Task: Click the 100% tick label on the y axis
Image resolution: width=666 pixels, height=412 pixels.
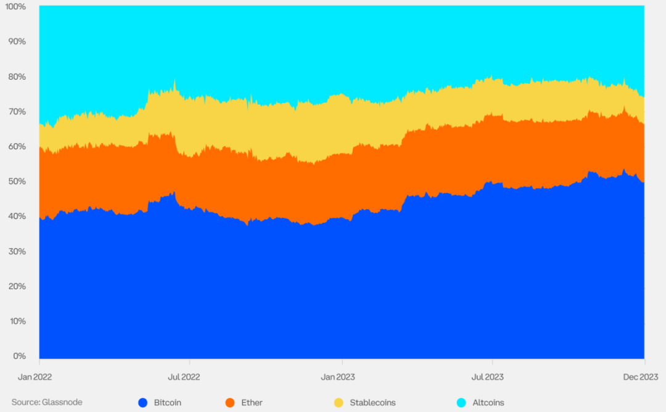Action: coord(15,7)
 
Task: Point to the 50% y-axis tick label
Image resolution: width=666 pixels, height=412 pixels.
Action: coord(17,181)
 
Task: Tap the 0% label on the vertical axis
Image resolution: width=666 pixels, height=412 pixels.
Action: coord(20,356)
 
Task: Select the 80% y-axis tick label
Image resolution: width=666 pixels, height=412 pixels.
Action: coord(17,77)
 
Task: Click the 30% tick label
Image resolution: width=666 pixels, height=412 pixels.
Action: coord(17,252)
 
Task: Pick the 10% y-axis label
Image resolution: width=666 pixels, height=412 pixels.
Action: coord(18,321)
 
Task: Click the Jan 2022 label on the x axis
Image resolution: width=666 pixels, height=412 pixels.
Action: coord(35,377)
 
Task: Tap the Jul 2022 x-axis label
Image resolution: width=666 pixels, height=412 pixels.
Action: coord(184,377)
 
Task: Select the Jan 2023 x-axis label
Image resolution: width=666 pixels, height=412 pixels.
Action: coord(338,377)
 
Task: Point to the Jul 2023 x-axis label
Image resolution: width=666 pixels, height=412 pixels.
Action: coord(488,377)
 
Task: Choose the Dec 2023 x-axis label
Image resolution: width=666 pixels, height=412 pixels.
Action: coord(641,377)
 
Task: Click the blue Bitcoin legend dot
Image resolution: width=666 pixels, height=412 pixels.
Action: coord(143,403)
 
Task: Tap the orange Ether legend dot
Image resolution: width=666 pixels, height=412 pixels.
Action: coord(230,403)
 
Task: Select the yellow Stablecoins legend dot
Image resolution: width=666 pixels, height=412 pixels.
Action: coord(339,403)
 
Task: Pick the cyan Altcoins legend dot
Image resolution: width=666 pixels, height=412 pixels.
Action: coord(461,403)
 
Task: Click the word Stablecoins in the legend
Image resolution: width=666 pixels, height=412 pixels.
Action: coord(372,403)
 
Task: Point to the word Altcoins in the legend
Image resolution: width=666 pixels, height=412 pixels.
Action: coord(488,403)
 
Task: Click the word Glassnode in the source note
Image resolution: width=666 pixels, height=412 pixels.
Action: coord(62,402)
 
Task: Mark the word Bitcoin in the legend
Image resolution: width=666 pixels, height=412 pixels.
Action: coord(167,403)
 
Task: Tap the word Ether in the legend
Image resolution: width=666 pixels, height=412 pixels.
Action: coord(252,403)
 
